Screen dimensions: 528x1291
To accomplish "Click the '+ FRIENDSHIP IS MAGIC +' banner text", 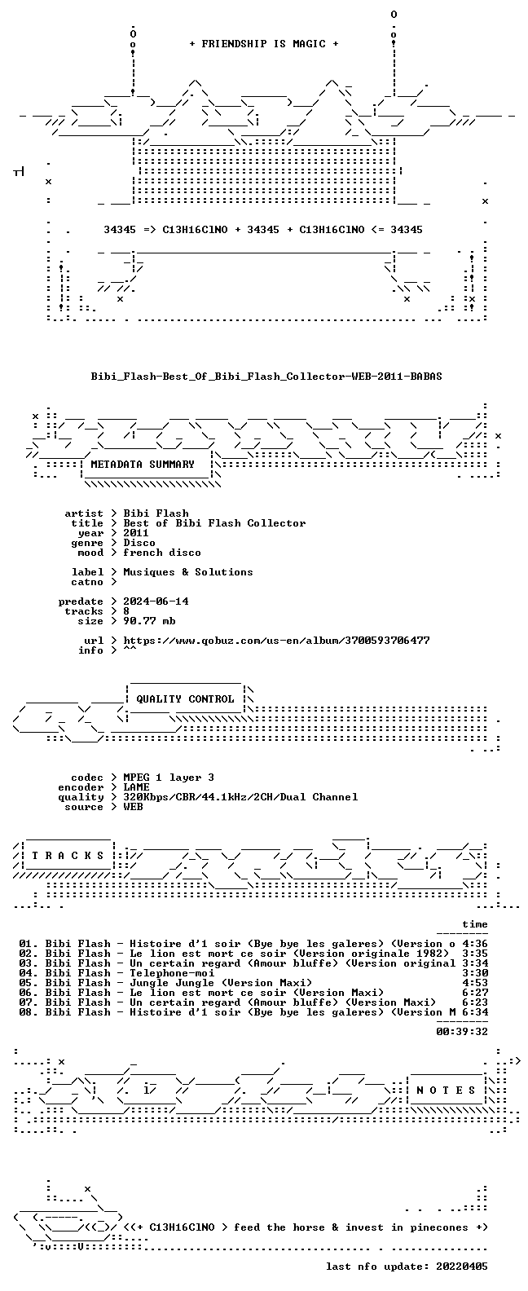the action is point(264,44).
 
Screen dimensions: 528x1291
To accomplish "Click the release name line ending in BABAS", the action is point(266,377).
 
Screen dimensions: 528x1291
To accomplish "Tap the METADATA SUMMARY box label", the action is point(143,464).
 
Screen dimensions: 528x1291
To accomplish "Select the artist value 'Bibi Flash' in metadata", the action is point(156,513).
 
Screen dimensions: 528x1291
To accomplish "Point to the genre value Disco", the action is point(139,542).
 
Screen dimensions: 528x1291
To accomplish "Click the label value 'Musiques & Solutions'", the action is point(188,571).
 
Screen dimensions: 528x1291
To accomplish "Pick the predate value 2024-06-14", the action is point(156,601).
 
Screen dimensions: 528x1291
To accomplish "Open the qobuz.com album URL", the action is point(277,641).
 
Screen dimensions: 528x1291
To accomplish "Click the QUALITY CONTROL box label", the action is point(185,699).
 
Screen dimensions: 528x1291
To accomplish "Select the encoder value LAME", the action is point(136,786).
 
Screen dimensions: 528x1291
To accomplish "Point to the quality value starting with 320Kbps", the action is point(240,796).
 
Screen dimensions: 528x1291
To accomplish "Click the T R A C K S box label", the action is point(68,855).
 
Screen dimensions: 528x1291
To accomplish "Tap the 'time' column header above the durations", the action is point(475,924).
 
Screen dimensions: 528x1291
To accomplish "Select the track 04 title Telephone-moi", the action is point(172,973).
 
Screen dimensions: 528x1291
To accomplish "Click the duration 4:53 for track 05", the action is point(475,983).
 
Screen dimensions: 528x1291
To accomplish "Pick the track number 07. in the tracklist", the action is point(29,1002).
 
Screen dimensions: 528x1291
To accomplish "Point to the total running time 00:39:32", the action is point(462,1032).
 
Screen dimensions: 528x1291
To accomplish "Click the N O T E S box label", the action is point(446,1090).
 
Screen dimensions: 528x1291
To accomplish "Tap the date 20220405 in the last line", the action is point(462,1267).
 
